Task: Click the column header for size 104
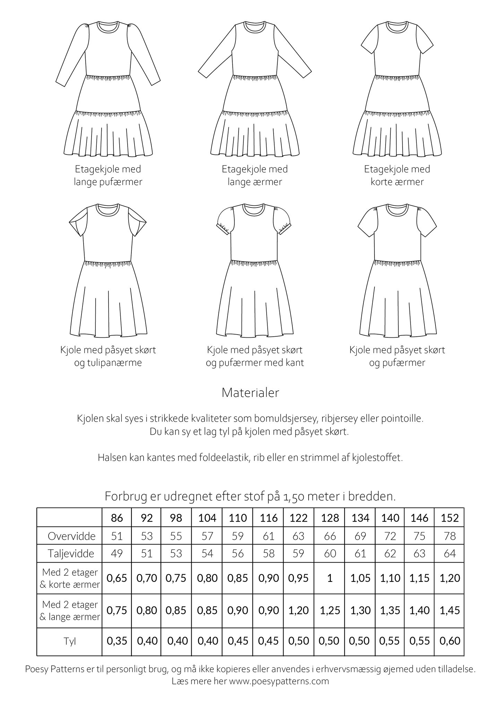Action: (x=207, y=518)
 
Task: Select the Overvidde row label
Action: (x=71, y=536)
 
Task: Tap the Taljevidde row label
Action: (x=71, y=554)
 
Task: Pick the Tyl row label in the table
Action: (x=69, y=641)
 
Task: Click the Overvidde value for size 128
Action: (x=330, y=536)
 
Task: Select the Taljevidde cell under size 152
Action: (x=449, y=554)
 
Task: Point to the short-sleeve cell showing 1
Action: (x=330, y=578)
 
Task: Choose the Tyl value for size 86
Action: (x=117, y=641)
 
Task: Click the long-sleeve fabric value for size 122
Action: (x=299, y=610)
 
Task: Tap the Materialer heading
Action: (x=250, y=393)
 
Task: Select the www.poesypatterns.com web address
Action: (x=279, y=681)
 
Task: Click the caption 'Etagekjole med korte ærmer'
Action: (x=397, y=176)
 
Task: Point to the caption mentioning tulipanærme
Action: (x=108, y=356)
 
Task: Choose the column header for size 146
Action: (x=420, y=518)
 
